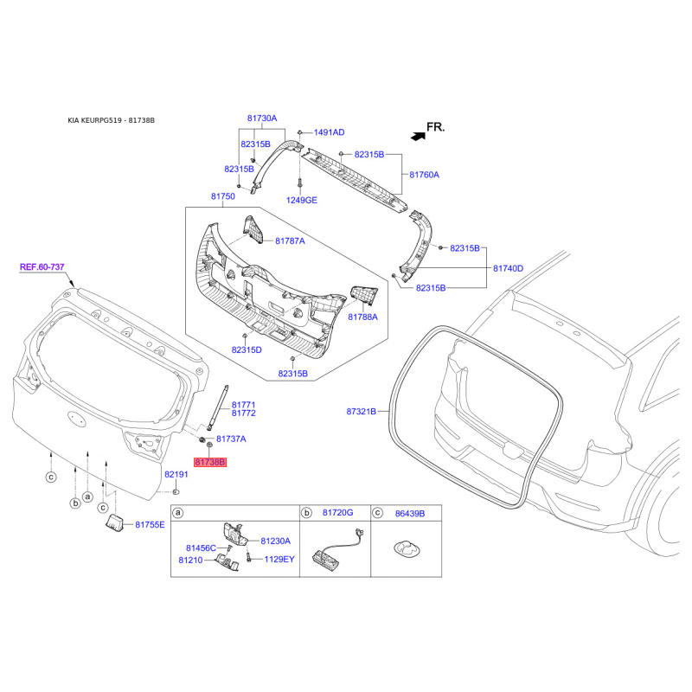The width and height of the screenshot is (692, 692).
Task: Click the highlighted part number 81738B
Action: click(x=210, y=462)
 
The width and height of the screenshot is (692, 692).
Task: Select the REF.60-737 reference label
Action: click(x=42, y=267)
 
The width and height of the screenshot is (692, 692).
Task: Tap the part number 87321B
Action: click(x=361, y=412)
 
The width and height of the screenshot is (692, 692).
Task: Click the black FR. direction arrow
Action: click(x=419, y=137)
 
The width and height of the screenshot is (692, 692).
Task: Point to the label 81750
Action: click(x=223, y=196)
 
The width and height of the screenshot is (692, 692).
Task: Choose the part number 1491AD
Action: click(x=329, y=132)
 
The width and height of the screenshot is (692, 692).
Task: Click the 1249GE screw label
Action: click(x=301, y=200)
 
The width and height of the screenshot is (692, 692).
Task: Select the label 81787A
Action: click(x=290, y=241)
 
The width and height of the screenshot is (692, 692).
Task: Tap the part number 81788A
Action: click(x=362, y=317)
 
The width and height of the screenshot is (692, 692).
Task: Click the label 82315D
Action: click(x=247, y=350)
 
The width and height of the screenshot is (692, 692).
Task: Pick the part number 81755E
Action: click(x=150, y=525)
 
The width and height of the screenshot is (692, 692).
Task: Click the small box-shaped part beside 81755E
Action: click(x=115, y=522)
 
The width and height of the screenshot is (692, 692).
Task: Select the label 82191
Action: click(x=176, y=474)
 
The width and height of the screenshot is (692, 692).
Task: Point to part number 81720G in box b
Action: click(x=337, y=512)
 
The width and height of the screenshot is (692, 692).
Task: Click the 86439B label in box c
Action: click(x=410, y=513)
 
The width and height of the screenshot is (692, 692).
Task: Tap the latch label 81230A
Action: click(x=275, y=541)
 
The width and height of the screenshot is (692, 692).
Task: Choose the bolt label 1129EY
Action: click(x=279, y=559)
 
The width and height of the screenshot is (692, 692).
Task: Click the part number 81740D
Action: click(x=508, y=268)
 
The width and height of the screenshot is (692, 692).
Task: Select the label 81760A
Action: click(x=424, y=175)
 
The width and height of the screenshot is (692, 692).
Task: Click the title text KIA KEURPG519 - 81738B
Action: click(x=112, y=120)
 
